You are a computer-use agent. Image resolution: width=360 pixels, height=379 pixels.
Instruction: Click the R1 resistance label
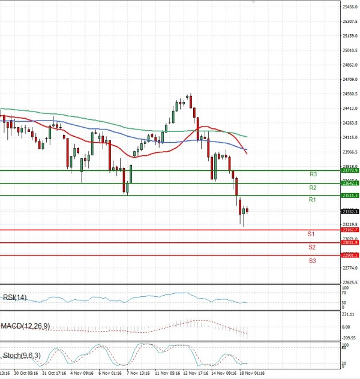pyautogui.click(x=312, y=200)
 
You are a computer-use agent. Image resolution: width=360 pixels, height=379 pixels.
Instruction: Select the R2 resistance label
pyautogui.click(x=313, y=188)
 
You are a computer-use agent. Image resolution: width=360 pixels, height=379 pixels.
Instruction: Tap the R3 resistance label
pyautogui.click(x=313, y=174)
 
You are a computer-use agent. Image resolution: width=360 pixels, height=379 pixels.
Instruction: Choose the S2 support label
pyautogui.click(x=312, y=246)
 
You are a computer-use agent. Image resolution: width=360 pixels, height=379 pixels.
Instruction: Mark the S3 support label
pyautogui.click(x=313, y=261)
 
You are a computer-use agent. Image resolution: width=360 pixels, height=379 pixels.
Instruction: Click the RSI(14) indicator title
pyautogui.click(x=15, y=297)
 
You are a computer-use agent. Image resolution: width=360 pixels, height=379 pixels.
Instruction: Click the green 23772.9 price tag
pyautogui.click(x=350, y=170)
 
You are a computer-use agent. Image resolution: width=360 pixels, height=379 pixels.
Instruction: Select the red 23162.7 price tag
pyautogui.click(x=350, y=230)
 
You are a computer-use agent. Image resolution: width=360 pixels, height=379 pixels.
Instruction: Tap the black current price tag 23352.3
pyautogui.click(x=350, y=212)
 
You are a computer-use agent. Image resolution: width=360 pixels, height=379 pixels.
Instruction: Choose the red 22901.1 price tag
pyautogui.click(x=350, y=255)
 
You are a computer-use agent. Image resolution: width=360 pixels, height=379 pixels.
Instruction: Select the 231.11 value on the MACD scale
pyautogui.click(x=349, y=314)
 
